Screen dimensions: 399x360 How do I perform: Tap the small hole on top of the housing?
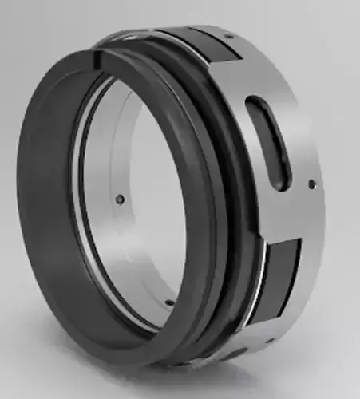[x=228, y=35]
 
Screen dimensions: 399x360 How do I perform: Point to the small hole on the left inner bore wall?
[x=119, y=199]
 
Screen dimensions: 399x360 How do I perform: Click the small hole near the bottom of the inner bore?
[x=171, y=302]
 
